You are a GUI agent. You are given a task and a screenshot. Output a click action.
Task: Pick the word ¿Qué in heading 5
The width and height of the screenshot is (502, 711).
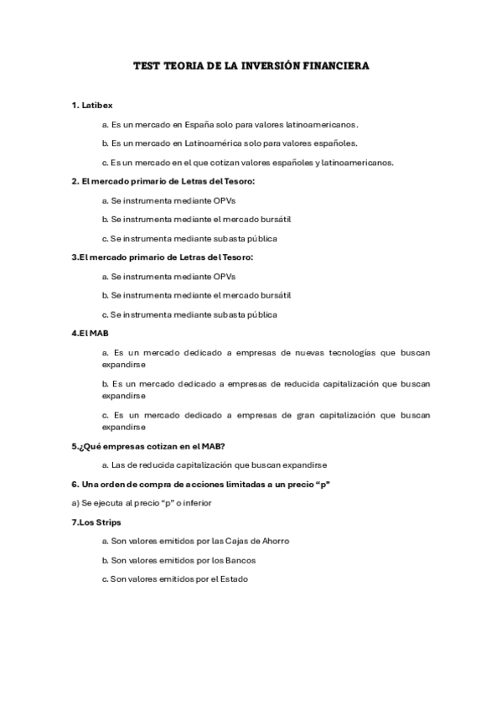(89, 445)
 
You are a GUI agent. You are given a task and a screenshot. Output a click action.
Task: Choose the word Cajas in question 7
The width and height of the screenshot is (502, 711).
(244, 541)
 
